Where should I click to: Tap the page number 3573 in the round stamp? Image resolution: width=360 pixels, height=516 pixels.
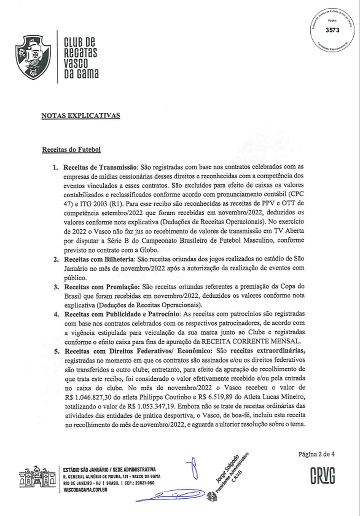(332, 30)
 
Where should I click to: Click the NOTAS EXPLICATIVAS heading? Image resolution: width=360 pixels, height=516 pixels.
(81, 116)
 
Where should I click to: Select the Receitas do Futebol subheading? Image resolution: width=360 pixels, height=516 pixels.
(71, 149)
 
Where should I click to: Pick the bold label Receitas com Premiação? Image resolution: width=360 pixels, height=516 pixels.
(102, 287)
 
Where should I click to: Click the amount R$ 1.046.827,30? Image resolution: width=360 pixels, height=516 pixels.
(92, 397)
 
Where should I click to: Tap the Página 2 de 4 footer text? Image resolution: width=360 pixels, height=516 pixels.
(316, 454)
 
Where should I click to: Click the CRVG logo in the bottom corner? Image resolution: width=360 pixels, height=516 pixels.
(323, 475)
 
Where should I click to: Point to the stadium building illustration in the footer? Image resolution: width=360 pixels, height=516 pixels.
(38, 478)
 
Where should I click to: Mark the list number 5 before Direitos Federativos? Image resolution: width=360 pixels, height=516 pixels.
(57, 351)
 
